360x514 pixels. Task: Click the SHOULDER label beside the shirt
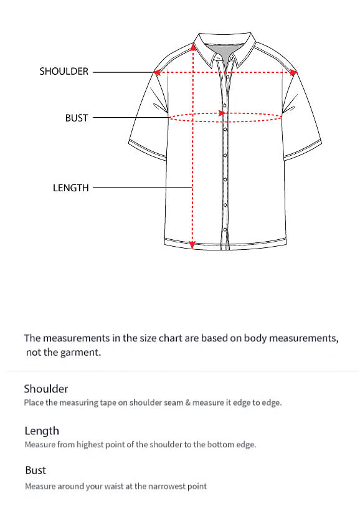pyautogui.click(x=64, y=72)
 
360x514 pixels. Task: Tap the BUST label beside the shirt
pyautogui.click(x=77, y=118)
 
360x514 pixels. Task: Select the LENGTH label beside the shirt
pyautogui.click(x=71, y=188)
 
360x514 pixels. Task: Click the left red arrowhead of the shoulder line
pyautogui.click(x=157, y=72)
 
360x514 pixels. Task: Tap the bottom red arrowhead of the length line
pyautogui.click(x=192, y=245)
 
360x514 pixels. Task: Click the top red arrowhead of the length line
pyautogui.click(x=192, y=47)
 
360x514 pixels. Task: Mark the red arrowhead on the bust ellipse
pyautogui.click(x=221, y=113)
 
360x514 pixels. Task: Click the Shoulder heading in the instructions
pyautogui.click(x=45, y=389)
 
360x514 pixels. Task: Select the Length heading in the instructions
pyautogui.click(x=42, y=431)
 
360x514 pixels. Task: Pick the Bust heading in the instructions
pyautogui.click(x=36, y=470)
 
